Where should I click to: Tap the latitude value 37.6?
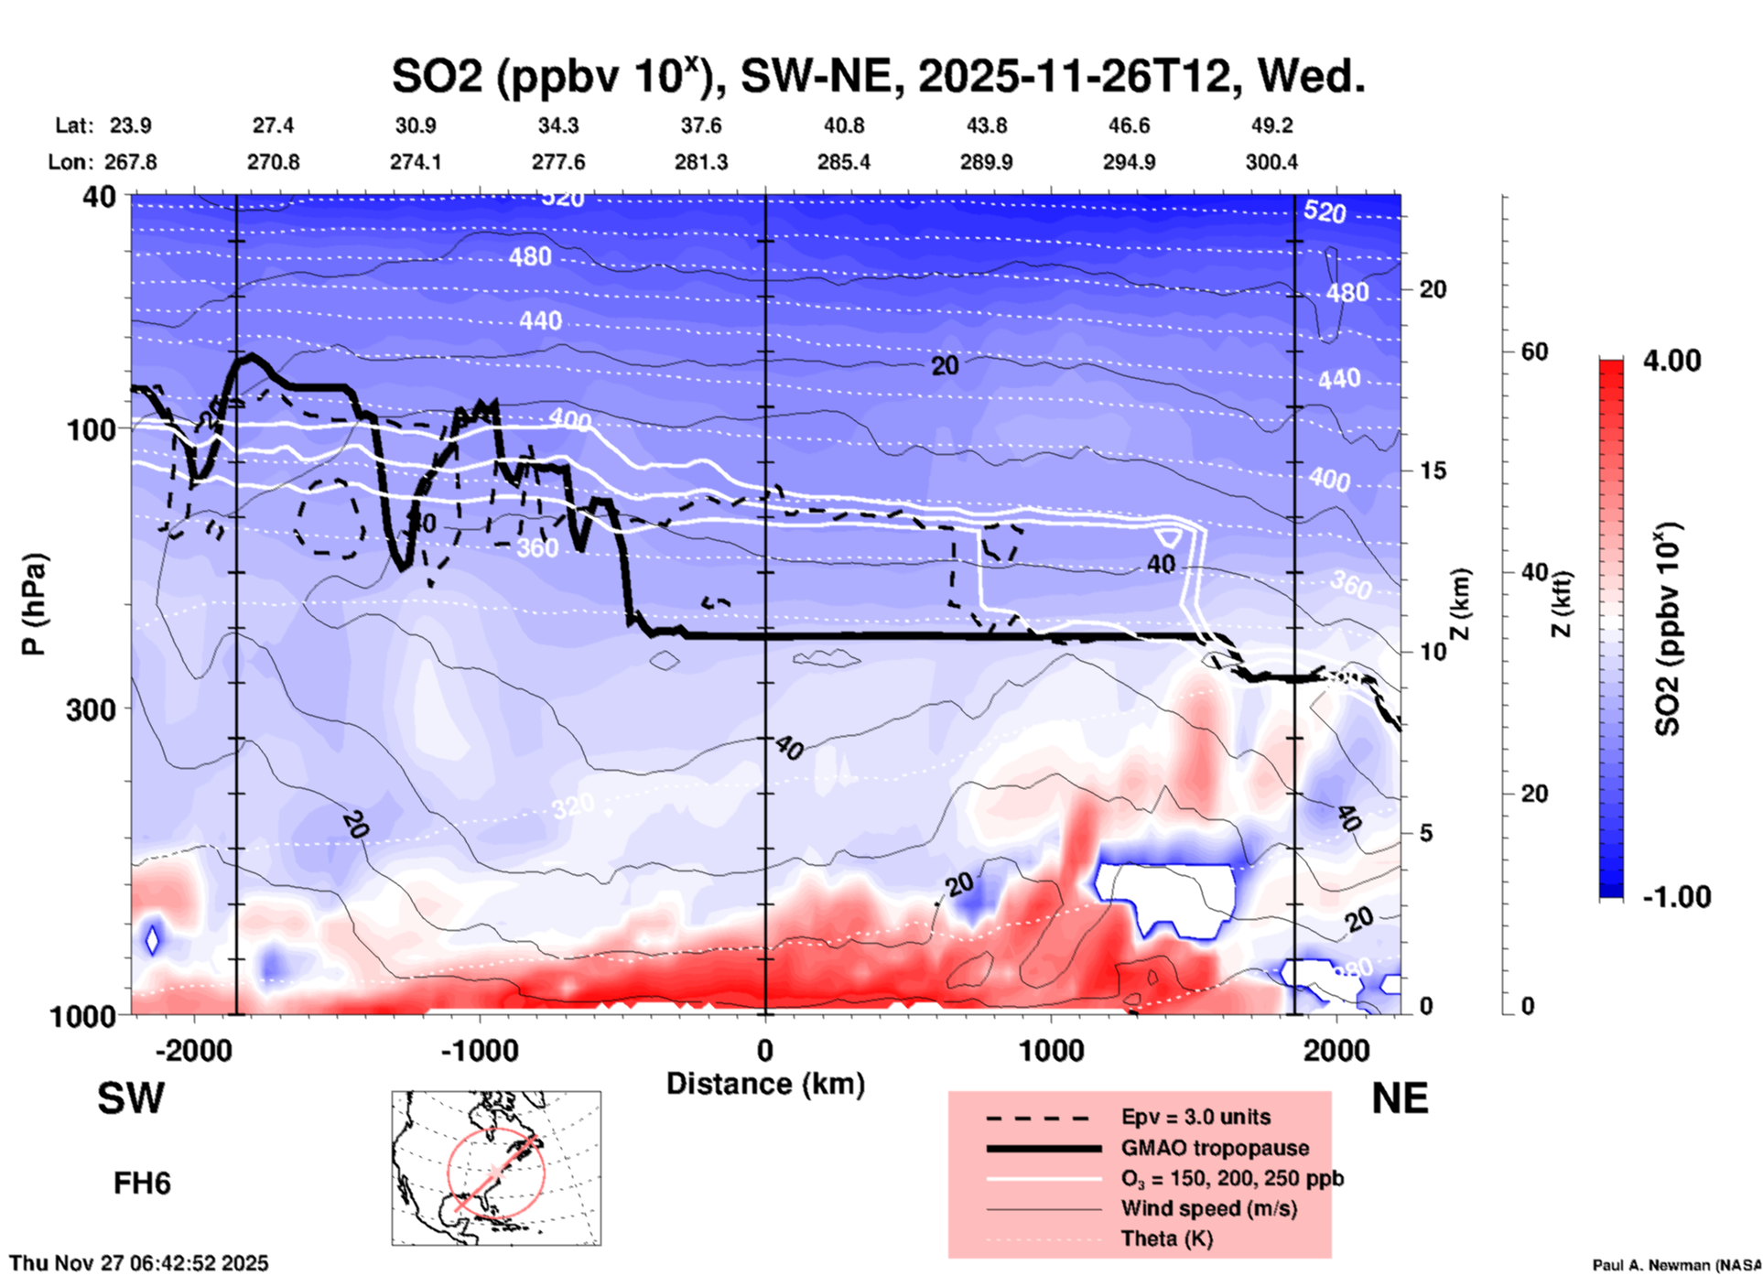[700, 125]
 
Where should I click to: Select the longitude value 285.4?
[843, 162]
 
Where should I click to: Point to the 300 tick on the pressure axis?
[91, 709]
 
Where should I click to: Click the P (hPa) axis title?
[34, 604]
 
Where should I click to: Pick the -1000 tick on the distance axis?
[479, 1050]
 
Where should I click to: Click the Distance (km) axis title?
[765, 1084]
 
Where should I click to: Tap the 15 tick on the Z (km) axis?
[1433, 470]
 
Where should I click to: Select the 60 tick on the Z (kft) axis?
[1535, 351]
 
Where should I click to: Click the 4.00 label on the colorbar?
[1671, 361]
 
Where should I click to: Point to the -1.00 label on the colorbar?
[1675, 897]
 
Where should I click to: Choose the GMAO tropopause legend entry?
[1215, 1148]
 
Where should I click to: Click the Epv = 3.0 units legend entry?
[1195, 1117]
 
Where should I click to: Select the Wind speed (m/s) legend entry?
[1208, 1208]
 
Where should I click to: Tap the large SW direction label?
[131, 1098]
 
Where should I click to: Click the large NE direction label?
[1400, 1098]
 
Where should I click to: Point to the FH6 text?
[142, 1184]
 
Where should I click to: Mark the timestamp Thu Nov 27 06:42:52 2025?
[139, 1263]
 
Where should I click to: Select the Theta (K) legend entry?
[1166, 1238]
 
